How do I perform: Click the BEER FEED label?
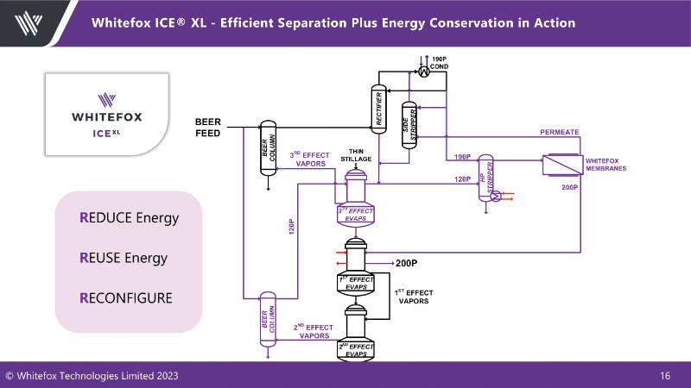click(x=207, y=128)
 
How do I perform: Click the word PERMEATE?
click(x=560, y=132)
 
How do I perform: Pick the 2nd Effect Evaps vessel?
click(x=356, y=336)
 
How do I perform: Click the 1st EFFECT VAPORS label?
click(x=414, y=297)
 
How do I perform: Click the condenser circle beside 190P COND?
click(x=424, y=73)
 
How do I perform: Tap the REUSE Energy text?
click(x=124, y=258)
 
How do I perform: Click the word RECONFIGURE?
click(x=126, y=298)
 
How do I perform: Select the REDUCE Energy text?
click(x=129, y=217)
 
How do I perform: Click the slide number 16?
click(x=665, y=376)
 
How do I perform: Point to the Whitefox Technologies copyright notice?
click(x=93, y=376)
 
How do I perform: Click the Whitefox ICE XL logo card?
click(x=107, y=113)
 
